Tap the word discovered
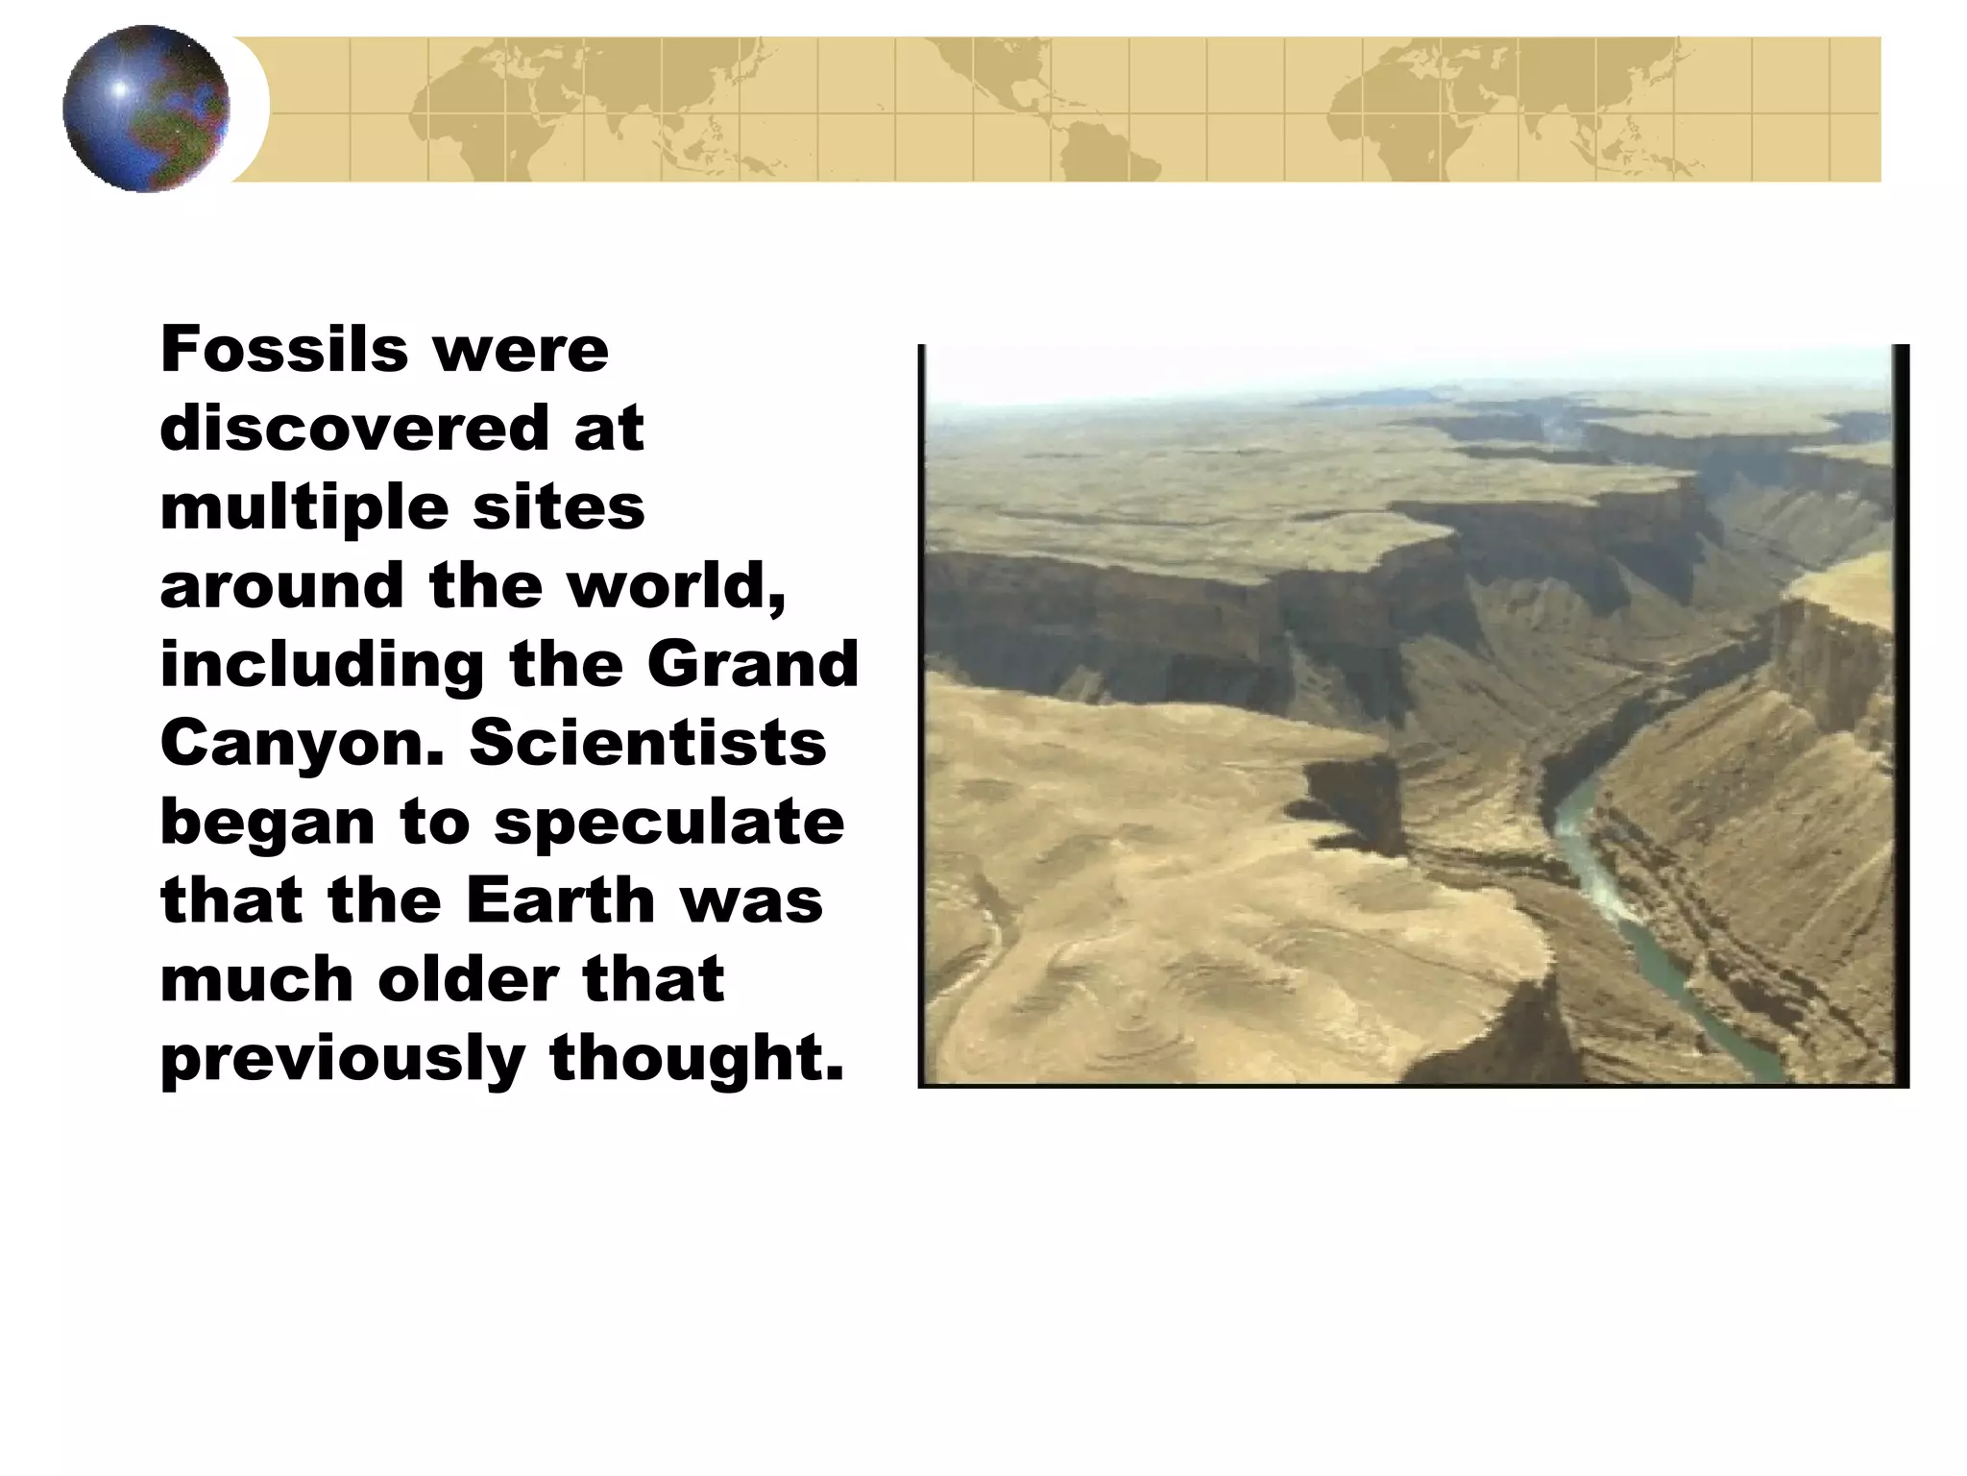click(352, 428)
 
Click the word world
click(675, 585)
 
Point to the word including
click(322, 666)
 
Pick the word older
click(468, 979)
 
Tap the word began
click(267, 824)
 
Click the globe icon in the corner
click(146, 109)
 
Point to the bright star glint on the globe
click(119, 89)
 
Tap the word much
click(256, 979)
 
